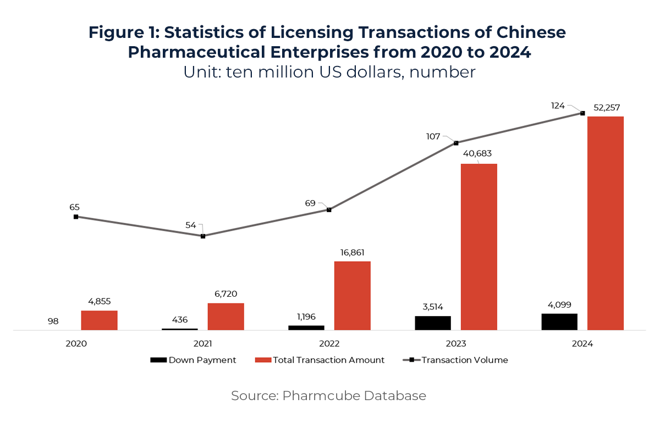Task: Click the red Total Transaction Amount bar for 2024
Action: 605,223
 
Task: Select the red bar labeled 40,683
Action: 479,247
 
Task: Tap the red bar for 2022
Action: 352,296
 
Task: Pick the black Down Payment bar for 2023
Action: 433,323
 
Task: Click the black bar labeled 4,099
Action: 559,322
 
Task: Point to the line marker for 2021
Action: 203,236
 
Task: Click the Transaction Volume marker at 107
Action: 456,143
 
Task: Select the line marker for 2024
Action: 582,113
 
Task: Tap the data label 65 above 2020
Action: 74,207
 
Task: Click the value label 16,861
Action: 352,253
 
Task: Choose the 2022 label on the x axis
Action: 329,344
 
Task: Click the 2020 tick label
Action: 76,344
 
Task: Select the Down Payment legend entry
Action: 194,360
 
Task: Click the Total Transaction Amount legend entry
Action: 320,360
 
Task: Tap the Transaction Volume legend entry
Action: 457,360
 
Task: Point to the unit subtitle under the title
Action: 329,72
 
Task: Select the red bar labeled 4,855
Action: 99,320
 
